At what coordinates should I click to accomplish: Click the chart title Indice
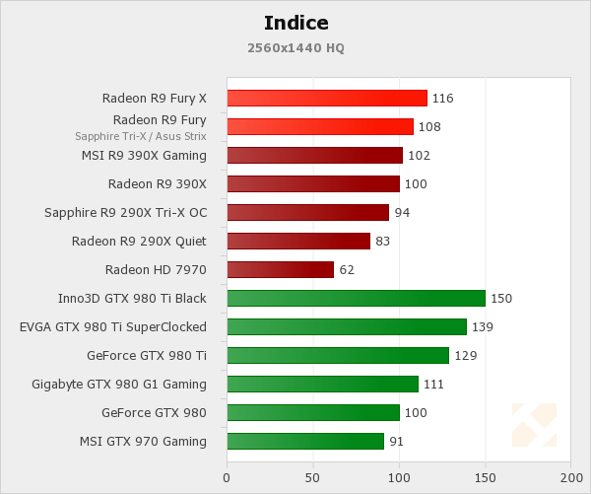pos(295,23)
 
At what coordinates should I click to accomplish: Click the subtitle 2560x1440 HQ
pos(295,47)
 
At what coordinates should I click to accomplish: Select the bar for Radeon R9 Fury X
pos(327,98)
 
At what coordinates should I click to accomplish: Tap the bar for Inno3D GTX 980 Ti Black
pos(356,298)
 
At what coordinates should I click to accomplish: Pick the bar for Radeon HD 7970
pos(280,269)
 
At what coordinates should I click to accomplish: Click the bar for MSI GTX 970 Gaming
pos(305,441)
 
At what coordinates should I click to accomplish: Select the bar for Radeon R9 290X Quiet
pos(298,241)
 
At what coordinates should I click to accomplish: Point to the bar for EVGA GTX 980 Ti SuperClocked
pos(347,326)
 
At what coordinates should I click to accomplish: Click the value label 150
pos(502,299)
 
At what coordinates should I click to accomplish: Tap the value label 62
pos(346,270)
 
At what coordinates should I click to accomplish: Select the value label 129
pos(466,356)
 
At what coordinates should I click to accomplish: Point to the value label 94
pos(402,213)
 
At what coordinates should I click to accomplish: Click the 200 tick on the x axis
pos(570,478)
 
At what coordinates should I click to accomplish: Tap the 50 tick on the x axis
pos(313,478)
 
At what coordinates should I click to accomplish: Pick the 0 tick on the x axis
pos(228,478)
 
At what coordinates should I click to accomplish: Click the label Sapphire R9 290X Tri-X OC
pos(125,212)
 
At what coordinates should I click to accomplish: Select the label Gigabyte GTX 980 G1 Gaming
pos(119,384)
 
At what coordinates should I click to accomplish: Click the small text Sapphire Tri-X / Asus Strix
pos(141,136)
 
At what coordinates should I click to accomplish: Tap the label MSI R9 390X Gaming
pos(144,155)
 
